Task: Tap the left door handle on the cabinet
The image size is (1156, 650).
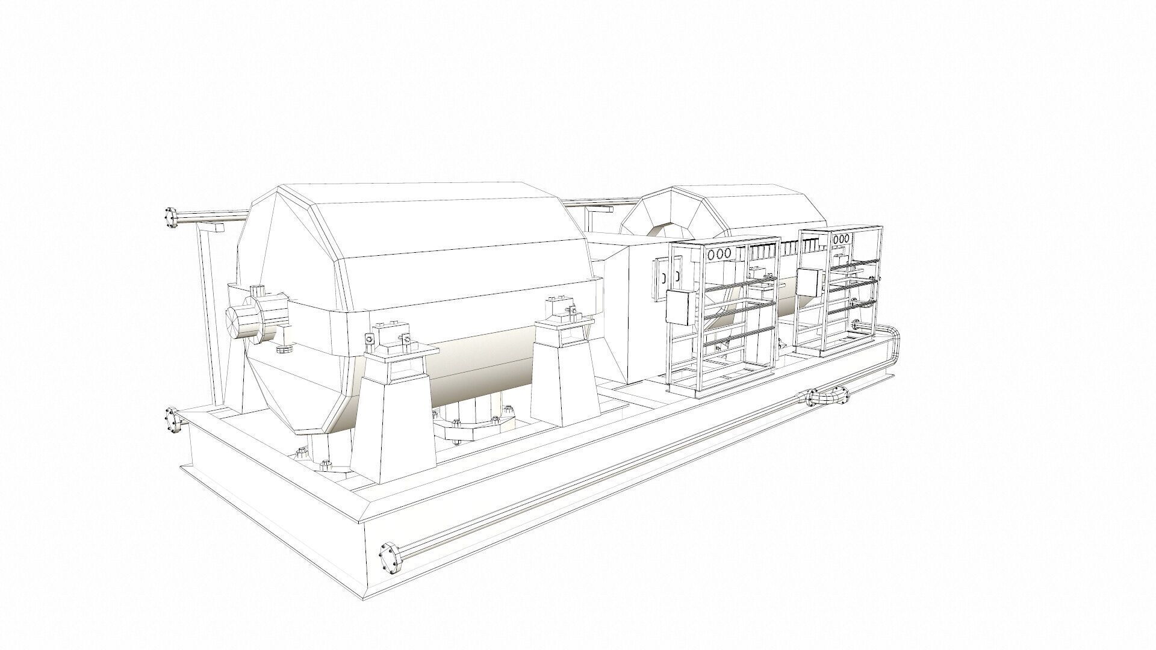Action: (663, 277)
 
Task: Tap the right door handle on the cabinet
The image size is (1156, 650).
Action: (677, 276)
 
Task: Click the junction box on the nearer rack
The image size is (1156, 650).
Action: (680, 307)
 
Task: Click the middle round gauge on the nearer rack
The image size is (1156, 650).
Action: (721, 255)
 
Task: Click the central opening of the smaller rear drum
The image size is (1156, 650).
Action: (667, 231)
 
